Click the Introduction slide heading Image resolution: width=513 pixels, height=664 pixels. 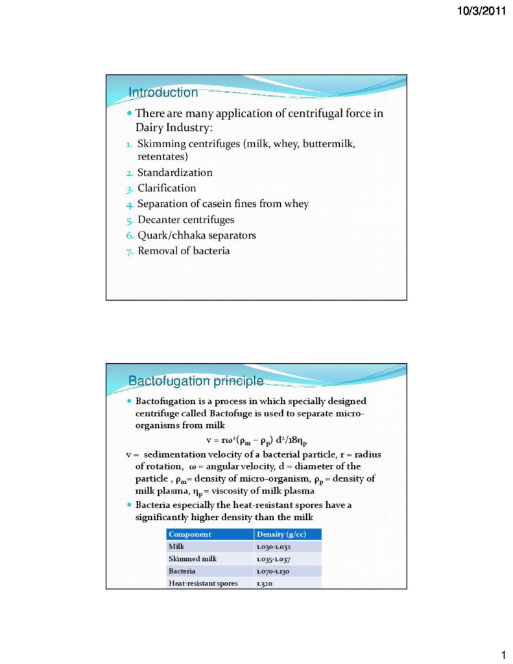click(x=163, y=93)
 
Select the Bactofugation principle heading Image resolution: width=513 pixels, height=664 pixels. click(x=195, y=381)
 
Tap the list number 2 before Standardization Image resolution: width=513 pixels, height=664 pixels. click(x=130, y=173)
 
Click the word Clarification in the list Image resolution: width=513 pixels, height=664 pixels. click(x=167, y=188)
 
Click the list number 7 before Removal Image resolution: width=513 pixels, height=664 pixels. click(x=130, y=251)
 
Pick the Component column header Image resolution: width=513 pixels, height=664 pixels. click(x=190, y=534)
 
